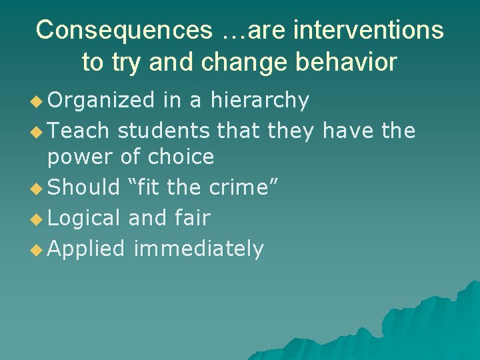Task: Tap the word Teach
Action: [79, 131]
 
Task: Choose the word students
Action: [166, 131]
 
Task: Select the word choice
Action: [181, 157]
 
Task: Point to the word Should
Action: [84, 187]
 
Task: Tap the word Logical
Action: [85, 218]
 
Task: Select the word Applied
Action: [87, 249]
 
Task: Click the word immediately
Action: [199, 249]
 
